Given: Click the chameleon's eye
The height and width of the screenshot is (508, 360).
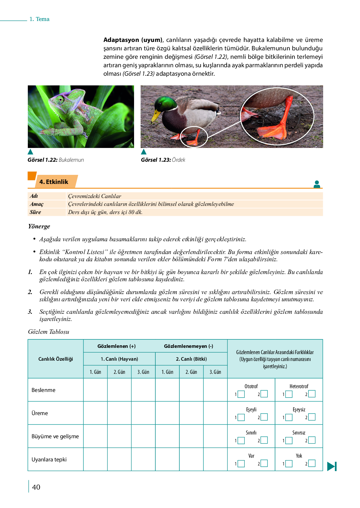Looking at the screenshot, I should pyautogui.click(x=60, y=99).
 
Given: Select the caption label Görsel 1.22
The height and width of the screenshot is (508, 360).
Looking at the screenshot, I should pyautogui.click(x=42, y=160).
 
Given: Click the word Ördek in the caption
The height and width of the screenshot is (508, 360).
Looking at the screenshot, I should pyautogui.click(x=178, y=160).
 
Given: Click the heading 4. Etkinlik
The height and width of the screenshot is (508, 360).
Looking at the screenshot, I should pyautogui.click(x=54, y=182).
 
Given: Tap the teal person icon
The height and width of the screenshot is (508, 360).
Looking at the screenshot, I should pyautogui.click(x=317, y=184).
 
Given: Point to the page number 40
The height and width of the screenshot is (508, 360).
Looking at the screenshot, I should pyautogui.click(x=36, y=487).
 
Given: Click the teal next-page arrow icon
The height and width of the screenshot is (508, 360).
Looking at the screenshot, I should pyautogui.click(x=332, y=466).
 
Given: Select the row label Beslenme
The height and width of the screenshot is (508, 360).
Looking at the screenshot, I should pyautogui.click(x=43, y=390).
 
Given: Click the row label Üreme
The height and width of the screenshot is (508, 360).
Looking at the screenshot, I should pyautogui.click(x=40, y=413).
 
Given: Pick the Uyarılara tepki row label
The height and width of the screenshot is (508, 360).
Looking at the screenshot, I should pyautogui.click(x=49, y=460).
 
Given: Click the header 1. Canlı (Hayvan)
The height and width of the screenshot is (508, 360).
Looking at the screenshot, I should pyautogui.click(x=119, y=359).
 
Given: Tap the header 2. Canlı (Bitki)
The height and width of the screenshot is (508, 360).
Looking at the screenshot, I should pyautogui.click(x=191, y=359).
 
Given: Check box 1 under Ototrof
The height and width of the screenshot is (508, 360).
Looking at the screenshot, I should pyautogui.click(x=241, y=394).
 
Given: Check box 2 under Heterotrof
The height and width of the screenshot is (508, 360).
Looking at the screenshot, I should pyautogui.click(x=312, y=394).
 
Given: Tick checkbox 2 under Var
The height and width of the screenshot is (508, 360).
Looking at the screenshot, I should pyautogui.click(x=264, y=463).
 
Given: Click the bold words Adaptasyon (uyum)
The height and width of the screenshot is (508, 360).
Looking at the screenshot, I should pyautogui.click(x=133, y=40).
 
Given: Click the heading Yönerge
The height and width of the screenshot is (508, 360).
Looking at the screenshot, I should pyautogui.click(x=39, y=226).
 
